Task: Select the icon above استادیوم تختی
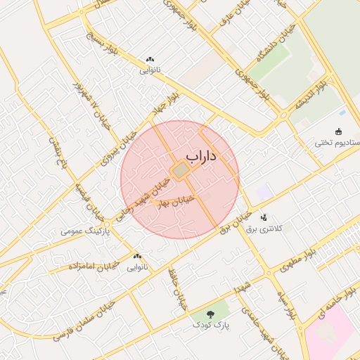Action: [339, 131]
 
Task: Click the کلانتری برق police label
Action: [264, 229]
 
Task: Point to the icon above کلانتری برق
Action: [264, 217]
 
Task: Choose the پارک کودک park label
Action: [212, 326]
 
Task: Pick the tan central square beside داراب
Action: [181, 170]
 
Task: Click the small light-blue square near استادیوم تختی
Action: [342, 112]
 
